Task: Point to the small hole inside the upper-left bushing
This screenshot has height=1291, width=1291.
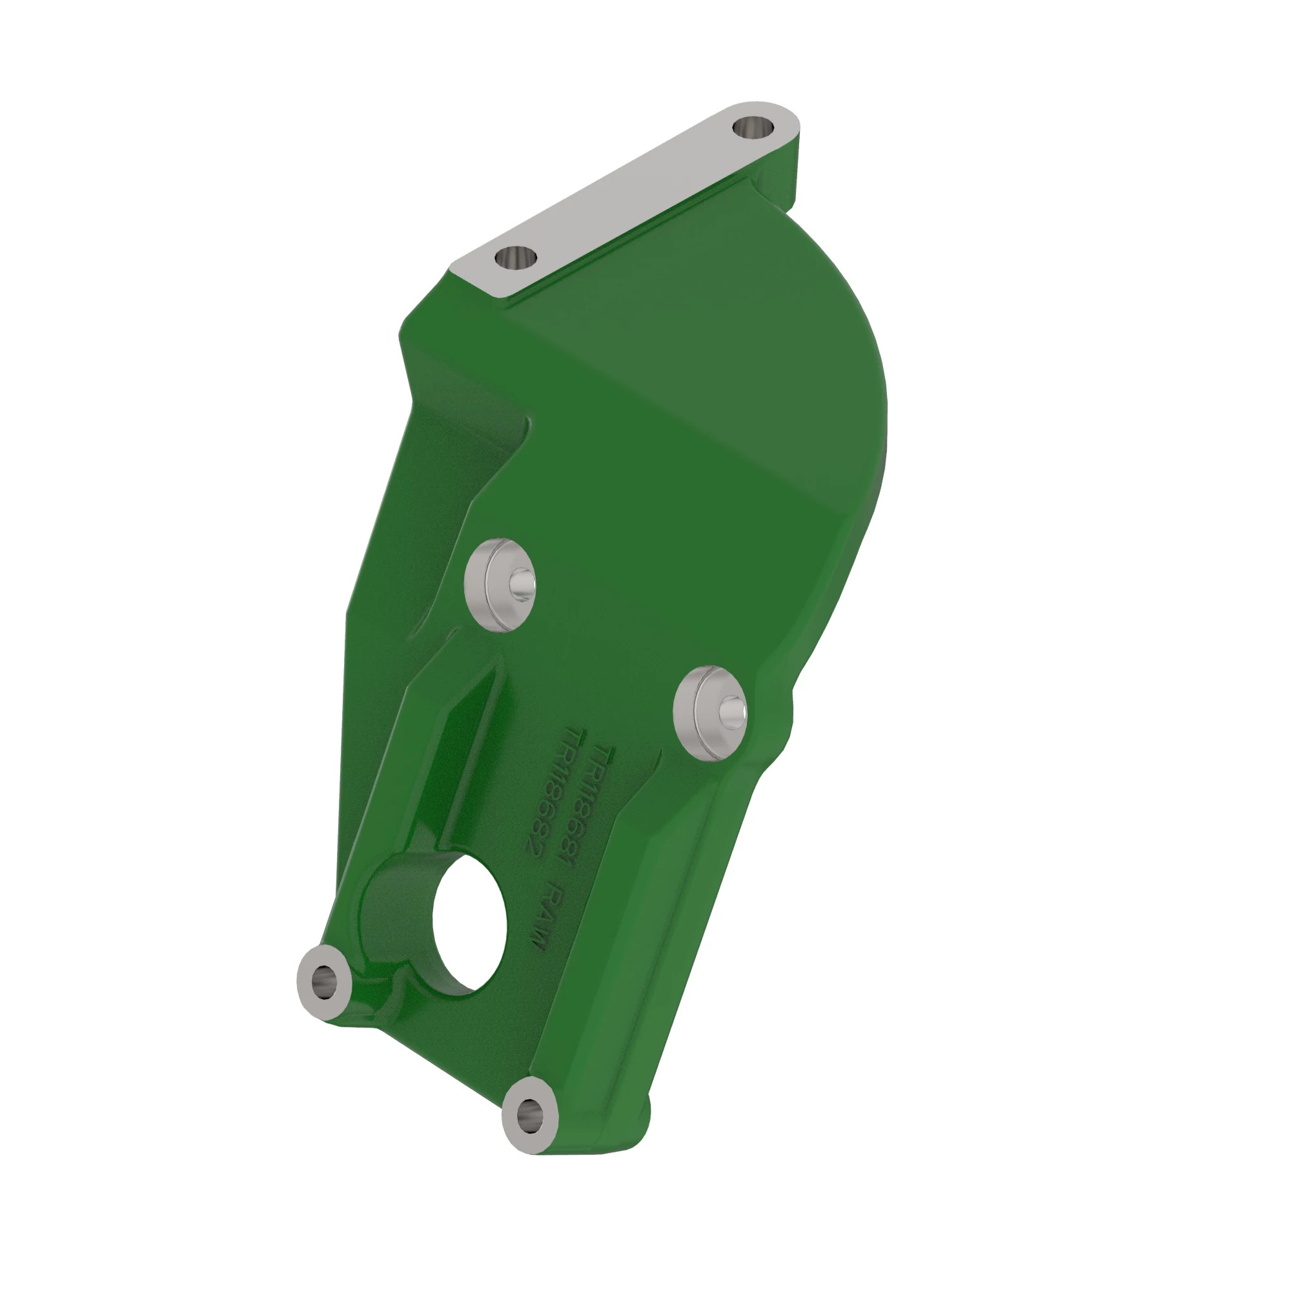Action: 521,584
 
